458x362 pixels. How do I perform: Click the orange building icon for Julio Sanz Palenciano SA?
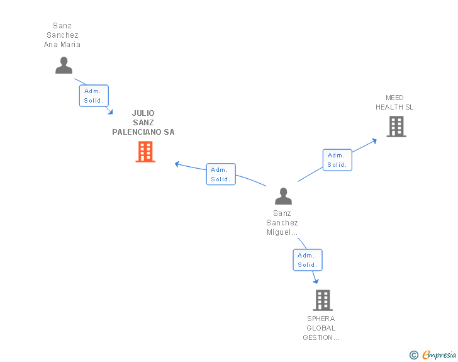tap(145, 152)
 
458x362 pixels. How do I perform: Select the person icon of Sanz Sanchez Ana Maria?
tap(64, 65)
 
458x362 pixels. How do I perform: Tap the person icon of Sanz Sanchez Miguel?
tap(283, 196)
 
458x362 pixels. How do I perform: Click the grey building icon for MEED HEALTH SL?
tap(396, 127)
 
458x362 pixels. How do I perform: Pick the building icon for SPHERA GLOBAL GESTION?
tap(323, 300)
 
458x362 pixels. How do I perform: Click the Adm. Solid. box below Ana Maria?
tap(94, 96)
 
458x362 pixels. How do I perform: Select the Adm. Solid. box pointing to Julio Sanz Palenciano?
tap(221, 174)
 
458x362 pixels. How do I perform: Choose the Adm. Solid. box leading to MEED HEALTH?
tap(337, 160)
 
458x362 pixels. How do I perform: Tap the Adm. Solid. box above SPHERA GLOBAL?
tap(308, 260)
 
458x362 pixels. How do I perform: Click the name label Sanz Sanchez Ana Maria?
tap(62, 35)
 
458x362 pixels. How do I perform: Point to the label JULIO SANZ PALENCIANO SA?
tap(143, 123)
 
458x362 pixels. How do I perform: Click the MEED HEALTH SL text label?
tap(394, 103)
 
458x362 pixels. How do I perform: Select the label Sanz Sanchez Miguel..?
tap(282, 223)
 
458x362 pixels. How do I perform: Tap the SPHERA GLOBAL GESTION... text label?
tap(321, 328)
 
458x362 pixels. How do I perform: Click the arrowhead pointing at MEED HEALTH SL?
tap(374, 141)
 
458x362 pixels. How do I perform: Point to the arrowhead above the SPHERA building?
tap(316, 281)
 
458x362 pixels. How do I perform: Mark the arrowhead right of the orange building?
tap(177, 164)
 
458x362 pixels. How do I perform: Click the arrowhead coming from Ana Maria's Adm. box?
tap(111, 112)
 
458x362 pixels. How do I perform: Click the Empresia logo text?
tap(439, 354)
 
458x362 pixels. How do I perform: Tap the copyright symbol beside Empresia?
tap(414, 355)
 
